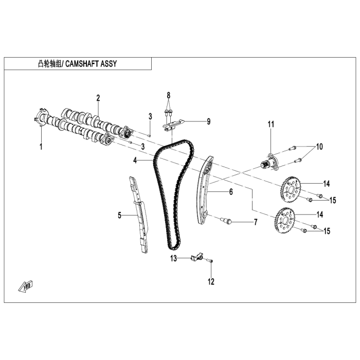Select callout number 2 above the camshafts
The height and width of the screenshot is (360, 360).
click(x=98, y=98)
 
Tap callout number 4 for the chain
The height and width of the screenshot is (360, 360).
click(x=135, y=160)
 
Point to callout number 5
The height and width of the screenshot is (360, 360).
click(x=120, y=215)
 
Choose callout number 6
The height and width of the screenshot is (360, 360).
click(x=231, y=192)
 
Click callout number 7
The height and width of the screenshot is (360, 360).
click(x=254, y=222)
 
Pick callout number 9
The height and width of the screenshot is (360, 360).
click(x=208, y=122)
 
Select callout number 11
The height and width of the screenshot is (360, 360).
click(x=271, y=124)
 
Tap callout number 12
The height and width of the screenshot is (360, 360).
click(x=211, y=281)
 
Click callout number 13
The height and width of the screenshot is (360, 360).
click(x=174, y=258)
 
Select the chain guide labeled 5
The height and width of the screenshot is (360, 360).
click(x=138, y=215)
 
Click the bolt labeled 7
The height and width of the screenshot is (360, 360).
click(x=226, y=221)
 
